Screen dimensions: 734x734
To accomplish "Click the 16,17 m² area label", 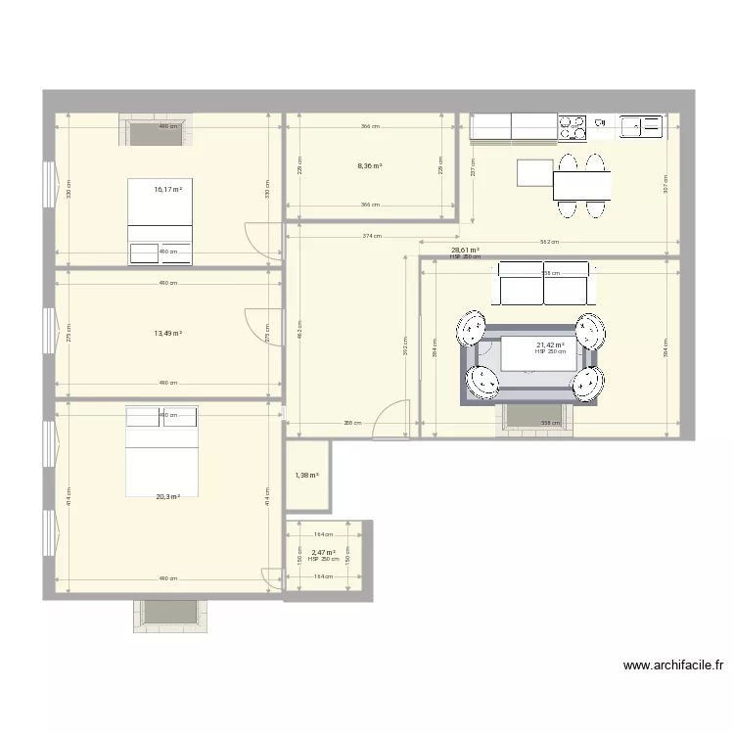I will click(x=167, y=189).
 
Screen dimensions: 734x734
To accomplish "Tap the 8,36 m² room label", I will click(x=369, y=166).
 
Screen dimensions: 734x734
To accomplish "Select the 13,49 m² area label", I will click(x=167, y=333).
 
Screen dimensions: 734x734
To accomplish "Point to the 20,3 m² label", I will click(x=167, y=496).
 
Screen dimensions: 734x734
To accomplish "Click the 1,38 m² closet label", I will click(x=307, y=476).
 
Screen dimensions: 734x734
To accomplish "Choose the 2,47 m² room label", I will click(x=323, y=553).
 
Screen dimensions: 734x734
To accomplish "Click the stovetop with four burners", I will click(x=573, y=126).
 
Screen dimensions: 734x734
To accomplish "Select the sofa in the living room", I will click(x=543, y=283).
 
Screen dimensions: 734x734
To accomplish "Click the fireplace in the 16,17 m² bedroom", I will click(x=157, y=130).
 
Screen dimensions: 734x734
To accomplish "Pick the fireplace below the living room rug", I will click(x=533, y=416).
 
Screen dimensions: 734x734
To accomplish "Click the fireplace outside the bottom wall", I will click(x=167, y=615).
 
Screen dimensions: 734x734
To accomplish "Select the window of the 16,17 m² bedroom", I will click(x=48, y=185).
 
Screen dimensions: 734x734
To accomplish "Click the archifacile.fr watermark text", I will click(x=673, y=665).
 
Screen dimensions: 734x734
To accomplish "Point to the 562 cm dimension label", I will click(x=549, y=242).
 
